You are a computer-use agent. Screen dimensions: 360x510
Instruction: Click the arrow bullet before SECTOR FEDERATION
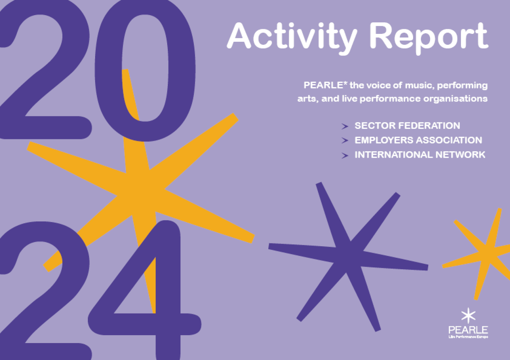pos(345,126)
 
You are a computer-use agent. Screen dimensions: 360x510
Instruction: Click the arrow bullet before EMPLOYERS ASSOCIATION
pos(345,141)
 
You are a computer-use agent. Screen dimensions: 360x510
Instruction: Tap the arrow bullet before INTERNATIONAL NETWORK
pos(345,156)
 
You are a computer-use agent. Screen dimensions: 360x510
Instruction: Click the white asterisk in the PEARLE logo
pos(468,316)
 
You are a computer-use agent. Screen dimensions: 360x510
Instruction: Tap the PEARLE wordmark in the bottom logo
pos(468,330)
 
